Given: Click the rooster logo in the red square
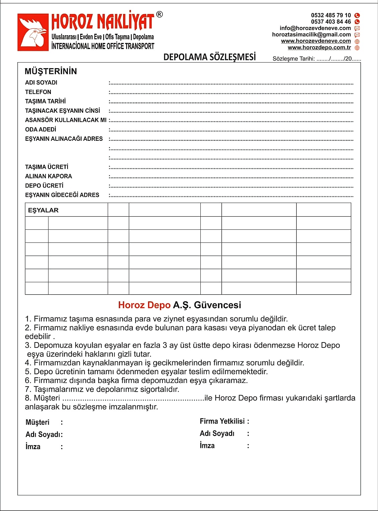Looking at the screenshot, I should coord(33,32).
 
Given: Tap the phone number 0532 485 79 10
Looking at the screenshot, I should coord(331,15).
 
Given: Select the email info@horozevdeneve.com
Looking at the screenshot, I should coord(315,28).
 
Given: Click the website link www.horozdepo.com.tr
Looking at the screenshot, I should coord(319,47).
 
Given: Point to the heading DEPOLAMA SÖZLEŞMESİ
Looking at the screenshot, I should coord(209,57).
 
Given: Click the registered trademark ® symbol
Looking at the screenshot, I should coord(160,14).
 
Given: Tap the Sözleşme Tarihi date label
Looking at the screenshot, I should coord(293,59).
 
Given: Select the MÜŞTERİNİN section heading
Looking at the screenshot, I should coord(51,71).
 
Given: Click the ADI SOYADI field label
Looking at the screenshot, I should coord(41,83).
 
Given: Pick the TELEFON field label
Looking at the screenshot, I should coord(38,92).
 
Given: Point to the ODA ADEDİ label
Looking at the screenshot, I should coord(40,129).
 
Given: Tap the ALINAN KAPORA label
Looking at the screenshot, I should coord(49,176).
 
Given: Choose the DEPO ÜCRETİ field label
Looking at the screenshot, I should coord(44,186).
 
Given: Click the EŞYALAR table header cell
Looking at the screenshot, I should coord(43,210).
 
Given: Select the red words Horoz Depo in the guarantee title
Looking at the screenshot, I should coord(144,305).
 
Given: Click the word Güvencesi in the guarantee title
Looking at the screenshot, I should coord(217,305).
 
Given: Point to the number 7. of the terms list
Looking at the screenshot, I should coord(28,389).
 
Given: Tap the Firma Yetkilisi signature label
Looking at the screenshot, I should coord(222,421).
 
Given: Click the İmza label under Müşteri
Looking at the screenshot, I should coord(33,447).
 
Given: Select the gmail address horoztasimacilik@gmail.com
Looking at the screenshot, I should coord(311,34).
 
